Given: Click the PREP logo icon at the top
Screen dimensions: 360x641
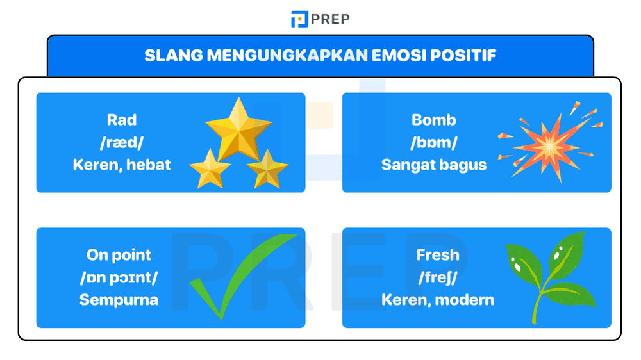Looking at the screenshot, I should [x=299, y=19].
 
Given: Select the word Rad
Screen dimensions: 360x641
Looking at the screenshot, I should [x=122, y=120].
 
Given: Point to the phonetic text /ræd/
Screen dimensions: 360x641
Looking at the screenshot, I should [x=122, y=142].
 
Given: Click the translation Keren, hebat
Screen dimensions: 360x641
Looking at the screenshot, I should [x=122, y=165].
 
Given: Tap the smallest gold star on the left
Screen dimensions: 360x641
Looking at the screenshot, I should [x=210, y=168].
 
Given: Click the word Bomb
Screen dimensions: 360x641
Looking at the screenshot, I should [x=434, y=120].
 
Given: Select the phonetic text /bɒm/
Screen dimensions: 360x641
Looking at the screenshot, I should [x=434, y=142].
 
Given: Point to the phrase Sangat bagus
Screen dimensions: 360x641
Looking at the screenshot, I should [x=434, y=165].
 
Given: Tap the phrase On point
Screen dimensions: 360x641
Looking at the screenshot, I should [x=119, y=255].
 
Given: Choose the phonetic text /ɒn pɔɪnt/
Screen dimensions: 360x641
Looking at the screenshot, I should [x=119, y=277].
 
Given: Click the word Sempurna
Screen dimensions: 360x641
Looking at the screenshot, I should [x=119, y=300].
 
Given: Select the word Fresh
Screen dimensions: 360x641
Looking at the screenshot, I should [x=438, y=255].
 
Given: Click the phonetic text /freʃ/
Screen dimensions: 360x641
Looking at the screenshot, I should [x=438, y=277].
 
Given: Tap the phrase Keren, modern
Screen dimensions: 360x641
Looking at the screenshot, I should [x=438, y=300].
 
